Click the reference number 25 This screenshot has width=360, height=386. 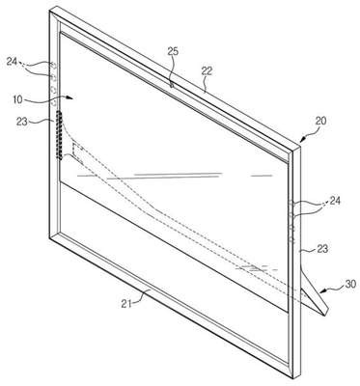[173, 51]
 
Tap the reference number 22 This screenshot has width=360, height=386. [207, 70]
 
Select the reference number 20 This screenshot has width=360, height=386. [320, 121]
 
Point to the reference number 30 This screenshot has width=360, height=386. [350, 284]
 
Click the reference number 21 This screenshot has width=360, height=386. [126, 303]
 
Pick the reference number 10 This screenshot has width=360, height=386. [18, 99]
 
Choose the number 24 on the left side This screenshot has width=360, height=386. [12, 61]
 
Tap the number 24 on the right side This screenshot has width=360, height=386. [334, 201]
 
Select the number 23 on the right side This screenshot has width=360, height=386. [322, 249]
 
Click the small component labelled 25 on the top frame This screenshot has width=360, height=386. [172, 85]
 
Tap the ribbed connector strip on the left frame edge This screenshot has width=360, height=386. [59, 135]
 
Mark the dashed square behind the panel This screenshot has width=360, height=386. [78, 152]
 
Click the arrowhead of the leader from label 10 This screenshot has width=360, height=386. [71, 96]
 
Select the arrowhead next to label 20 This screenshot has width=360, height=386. [302, 140]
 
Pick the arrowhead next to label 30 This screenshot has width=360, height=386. [323, 292]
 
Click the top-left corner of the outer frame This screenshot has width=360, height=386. [50, 10]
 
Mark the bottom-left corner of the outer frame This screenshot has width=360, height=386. [49, 238]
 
